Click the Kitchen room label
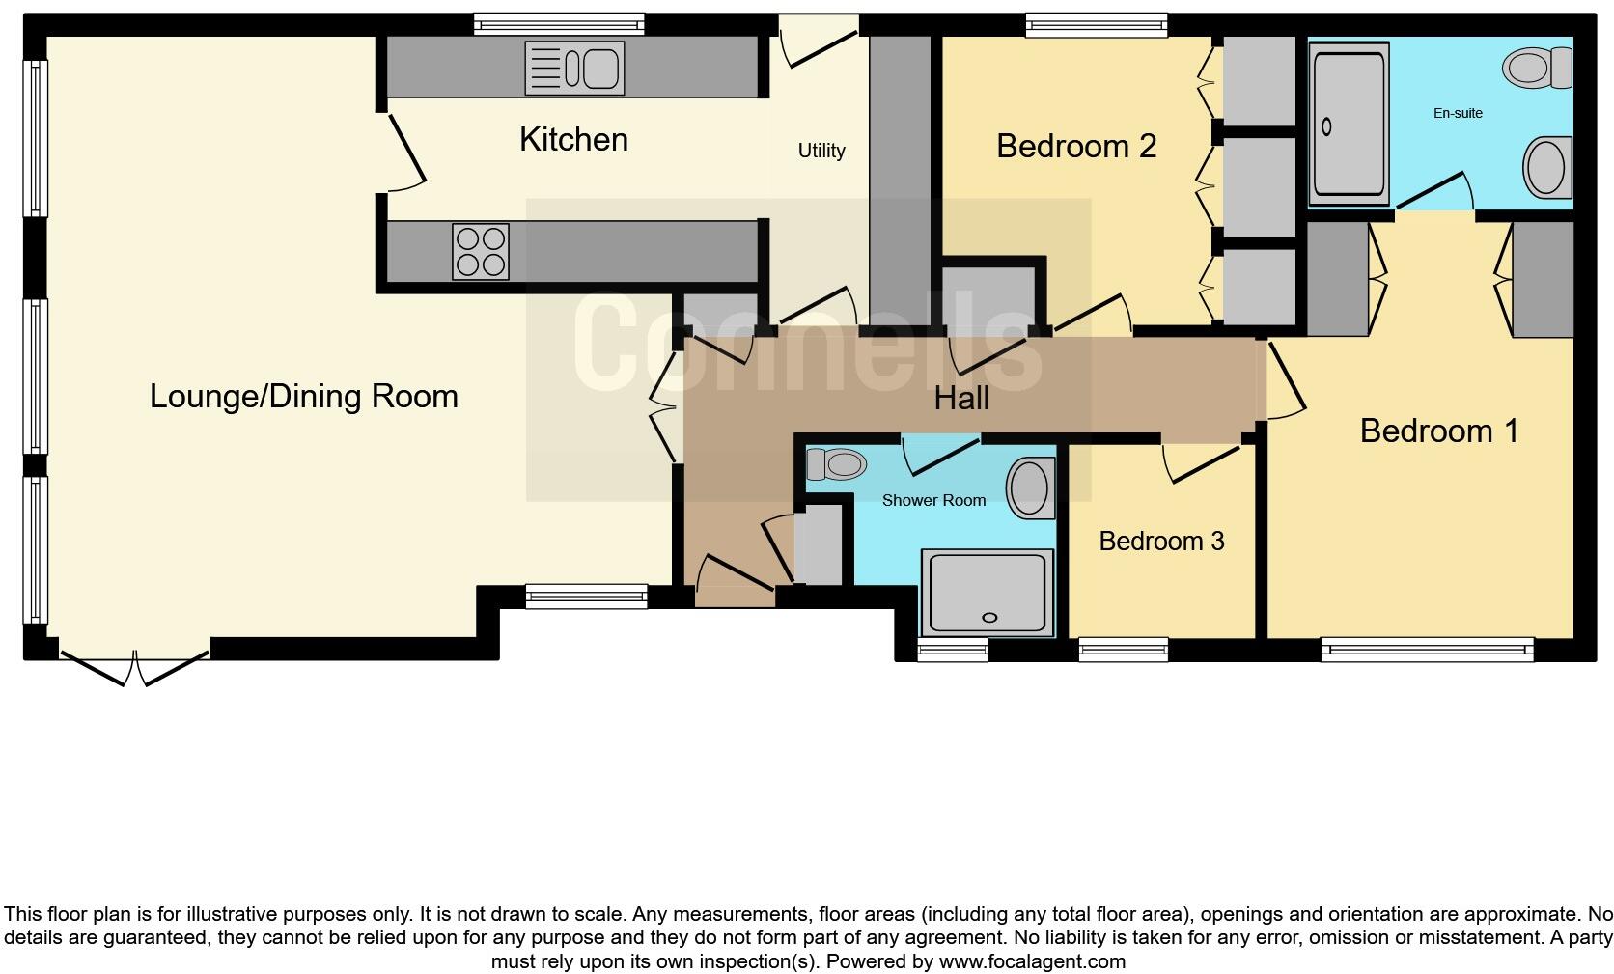point(573,140)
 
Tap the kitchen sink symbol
point(574,68)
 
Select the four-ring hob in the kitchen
point(480,251)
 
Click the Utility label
point(821,151)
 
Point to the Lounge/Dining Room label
point(303,397)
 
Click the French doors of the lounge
point(135,666)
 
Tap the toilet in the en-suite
point(1538,68)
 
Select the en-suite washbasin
point(1546,168)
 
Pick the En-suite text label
point(1458,113)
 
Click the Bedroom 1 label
point(1438,431)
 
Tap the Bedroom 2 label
point(1076,147)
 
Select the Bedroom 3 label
point(1161,542)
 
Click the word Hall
point(961,399)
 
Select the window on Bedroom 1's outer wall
point(1427,650)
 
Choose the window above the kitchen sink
point(559,24)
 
